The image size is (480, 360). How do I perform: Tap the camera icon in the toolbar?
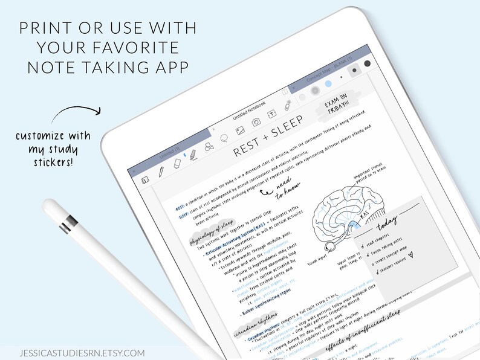coord(256,122)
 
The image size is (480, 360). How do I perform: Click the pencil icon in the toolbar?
coord(161,172)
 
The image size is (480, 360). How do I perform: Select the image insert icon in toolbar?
coord(239,130)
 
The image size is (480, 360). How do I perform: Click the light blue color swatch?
coord(314,91)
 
